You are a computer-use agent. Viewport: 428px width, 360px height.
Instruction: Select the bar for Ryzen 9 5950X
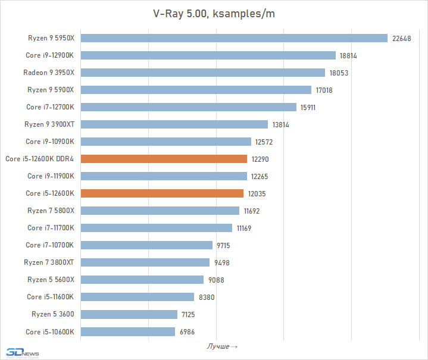[x=234, y=38]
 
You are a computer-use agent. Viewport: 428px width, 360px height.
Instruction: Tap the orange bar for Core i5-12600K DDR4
[x=164, y=159]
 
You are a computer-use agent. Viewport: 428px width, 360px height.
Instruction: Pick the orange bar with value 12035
[x=162, y=193]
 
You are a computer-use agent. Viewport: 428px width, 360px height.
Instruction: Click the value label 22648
[x=402, y=39]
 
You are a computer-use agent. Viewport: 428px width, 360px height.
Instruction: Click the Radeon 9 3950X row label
[x=48, y=73]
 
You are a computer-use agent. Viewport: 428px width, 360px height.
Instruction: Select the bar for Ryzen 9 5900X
[x=196, y=90]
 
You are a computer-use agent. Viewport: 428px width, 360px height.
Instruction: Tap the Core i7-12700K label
[x=50, y=107]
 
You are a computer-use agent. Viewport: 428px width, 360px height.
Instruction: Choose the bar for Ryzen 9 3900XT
[x=174, y=124]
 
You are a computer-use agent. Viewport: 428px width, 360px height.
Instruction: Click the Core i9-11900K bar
[x=164, y=176]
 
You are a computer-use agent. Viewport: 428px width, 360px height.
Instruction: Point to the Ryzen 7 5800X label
[x=51, y=211]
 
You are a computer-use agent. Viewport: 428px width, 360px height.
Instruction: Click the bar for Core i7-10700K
[x=146, y=245]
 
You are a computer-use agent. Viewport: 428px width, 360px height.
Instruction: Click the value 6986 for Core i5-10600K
[x=187, y=332]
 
